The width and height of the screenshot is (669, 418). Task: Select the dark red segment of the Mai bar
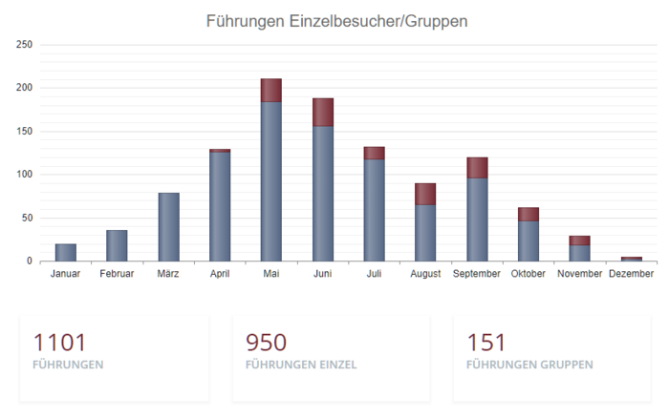pos(270,91)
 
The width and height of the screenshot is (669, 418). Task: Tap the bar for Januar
pos(66,252)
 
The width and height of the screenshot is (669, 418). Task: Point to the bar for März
pos(168,227)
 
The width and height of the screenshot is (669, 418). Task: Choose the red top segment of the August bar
pos(425,194)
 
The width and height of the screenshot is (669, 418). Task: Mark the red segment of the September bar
pos(477,168)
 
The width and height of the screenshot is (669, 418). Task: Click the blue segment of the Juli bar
pos(374,210)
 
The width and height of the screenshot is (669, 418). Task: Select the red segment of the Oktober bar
pos(529,214)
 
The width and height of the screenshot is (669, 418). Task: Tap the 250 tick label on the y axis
pos(25,45)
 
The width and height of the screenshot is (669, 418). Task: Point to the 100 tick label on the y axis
pos(25,175)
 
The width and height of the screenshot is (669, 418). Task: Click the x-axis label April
pos(220,274)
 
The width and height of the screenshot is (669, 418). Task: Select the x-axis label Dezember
pos(631,274)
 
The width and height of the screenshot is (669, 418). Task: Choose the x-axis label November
pos(580,274)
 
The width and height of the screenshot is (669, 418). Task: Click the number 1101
pos(59,343)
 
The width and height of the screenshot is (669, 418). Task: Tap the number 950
pos(266,343)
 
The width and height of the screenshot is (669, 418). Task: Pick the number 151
pos(486,343)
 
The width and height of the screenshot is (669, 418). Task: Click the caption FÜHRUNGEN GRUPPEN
pos(529,365)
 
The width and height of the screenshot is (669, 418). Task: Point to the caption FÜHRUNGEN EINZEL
pos(301,365)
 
